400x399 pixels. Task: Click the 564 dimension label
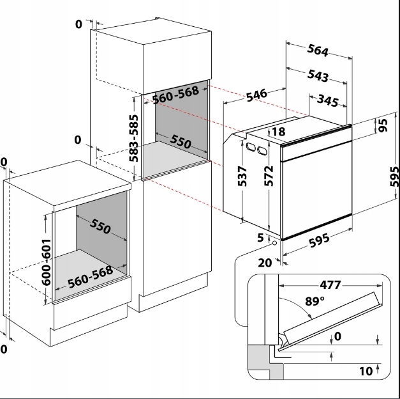(318, 50)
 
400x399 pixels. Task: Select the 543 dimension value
(318, 75)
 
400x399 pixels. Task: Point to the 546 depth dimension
(257, 95)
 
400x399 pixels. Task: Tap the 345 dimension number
(328, 100)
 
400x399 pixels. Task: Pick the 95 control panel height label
(383, 125)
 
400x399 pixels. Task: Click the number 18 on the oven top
(279, 132)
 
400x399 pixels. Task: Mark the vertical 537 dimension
(242, 176)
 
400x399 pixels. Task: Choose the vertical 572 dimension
(269, 176)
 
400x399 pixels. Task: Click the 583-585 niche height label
(133, 138)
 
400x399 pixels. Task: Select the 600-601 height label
(46, 262)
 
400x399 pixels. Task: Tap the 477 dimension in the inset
(330, 285)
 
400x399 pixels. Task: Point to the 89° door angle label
(315, 301)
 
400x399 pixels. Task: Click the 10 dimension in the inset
(366, 372)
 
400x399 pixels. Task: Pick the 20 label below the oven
(265, 263)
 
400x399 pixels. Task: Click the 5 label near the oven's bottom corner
(260, 238)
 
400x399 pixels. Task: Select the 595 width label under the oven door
(319, 240)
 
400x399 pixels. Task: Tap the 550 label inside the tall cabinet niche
(181, 141)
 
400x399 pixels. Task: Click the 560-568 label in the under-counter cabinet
(91, 277)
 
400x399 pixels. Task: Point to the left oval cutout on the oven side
(251, 147)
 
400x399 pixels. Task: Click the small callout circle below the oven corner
(274, 243)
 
